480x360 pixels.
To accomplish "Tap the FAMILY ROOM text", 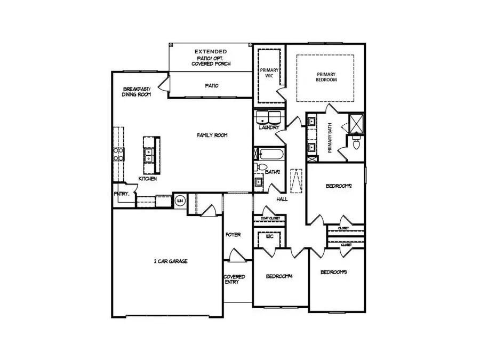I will pos(212,135).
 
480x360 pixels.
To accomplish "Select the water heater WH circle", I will pos(180,201).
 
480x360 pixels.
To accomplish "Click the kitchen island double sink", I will pos(147,155).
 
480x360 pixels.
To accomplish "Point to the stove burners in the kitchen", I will pos(118,154).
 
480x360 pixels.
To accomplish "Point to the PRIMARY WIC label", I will pos(269,73).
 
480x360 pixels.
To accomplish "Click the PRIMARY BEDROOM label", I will pos(326,77).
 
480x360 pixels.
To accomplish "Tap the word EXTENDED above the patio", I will pos(210,51).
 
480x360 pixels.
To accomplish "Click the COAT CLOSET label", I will pos(270,218).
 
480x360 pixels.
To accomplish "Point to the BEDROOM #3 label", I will pos(334,273).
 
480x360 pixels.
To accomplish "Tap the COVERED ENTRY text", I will pos(234,279).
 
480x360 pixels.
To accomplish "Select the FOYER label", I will pos(233,235).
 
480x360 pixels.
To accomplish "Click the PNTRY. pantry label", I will pos(122,194).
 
